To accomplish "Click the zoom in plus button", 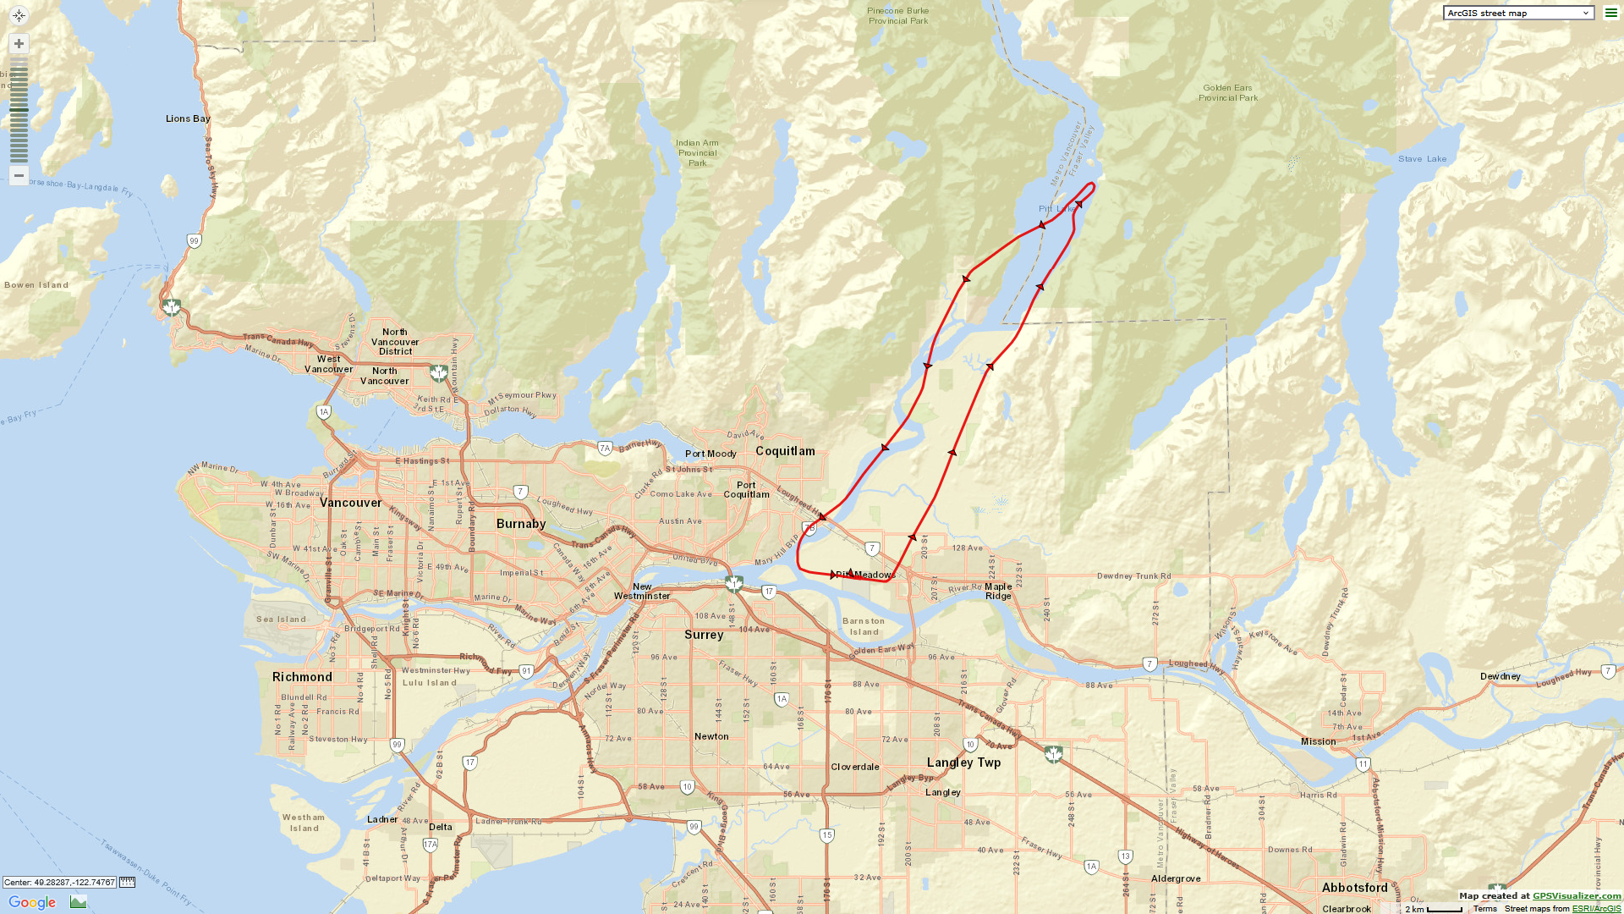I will [x=19, y=43].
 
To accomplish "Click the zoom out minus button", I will [x=19, y=175].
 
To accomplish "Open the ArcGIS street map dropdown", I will [x=1518, y=13].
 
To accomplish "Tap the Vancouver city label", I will [x=351, y=503].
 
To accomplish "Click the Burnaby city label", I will [x=521, y=524].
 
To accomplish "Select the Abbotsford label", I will [x=1354, y=888].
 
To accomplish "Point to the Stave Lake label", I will [x=1422, y=159].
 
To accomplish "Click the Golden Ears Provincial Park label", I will [x=1227, y=93].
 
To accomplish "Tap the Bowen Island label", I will [x=36, y=285].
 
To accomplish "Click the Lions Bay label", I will [x=188, y=118].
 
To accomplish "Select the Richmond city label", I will [x=302, y=677].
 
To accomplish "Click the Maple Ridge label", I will [x=998, y=591].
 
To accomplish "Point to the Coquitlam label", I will [x=785, y=451].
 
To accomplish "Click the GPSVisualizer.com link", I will [x=1576, y=895].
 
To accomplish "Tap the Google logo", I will [x=32, y=902].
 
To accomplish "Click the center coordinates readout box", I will [x=59, y=882].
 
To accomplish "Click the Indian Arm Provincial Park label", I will [x=697, y=153].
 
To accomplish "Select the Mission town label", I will [x=1318, y=741].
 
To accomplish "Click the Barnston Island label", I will [x=864, y=626].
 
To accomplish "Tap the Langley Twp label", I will [x=963, y=763].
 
